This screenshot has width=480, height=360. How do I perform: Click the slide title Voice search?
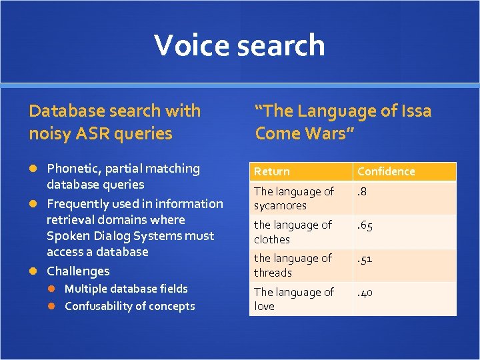[x=239, y=45]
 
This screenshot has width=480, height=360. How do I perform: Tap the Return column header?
[x=272, y=172]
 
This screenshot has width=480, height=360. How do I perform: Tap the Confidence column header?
[x=386, y=172]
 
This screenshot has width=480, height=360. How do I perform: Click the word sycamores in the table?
[x=280, y=206]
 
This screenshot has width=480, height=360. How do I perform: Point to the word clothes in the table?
[x=272, y=239]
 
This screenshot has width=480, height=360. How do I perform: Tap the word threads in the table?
[x=273, y=273]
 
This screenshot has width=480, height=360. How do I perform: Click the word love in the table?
[x=264, y=306]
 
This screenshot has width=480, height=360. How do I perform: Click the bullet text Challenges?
[x=78, y=271]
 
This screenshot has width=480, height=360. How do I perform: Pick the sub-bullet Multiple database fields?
[x=126, y=289]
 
